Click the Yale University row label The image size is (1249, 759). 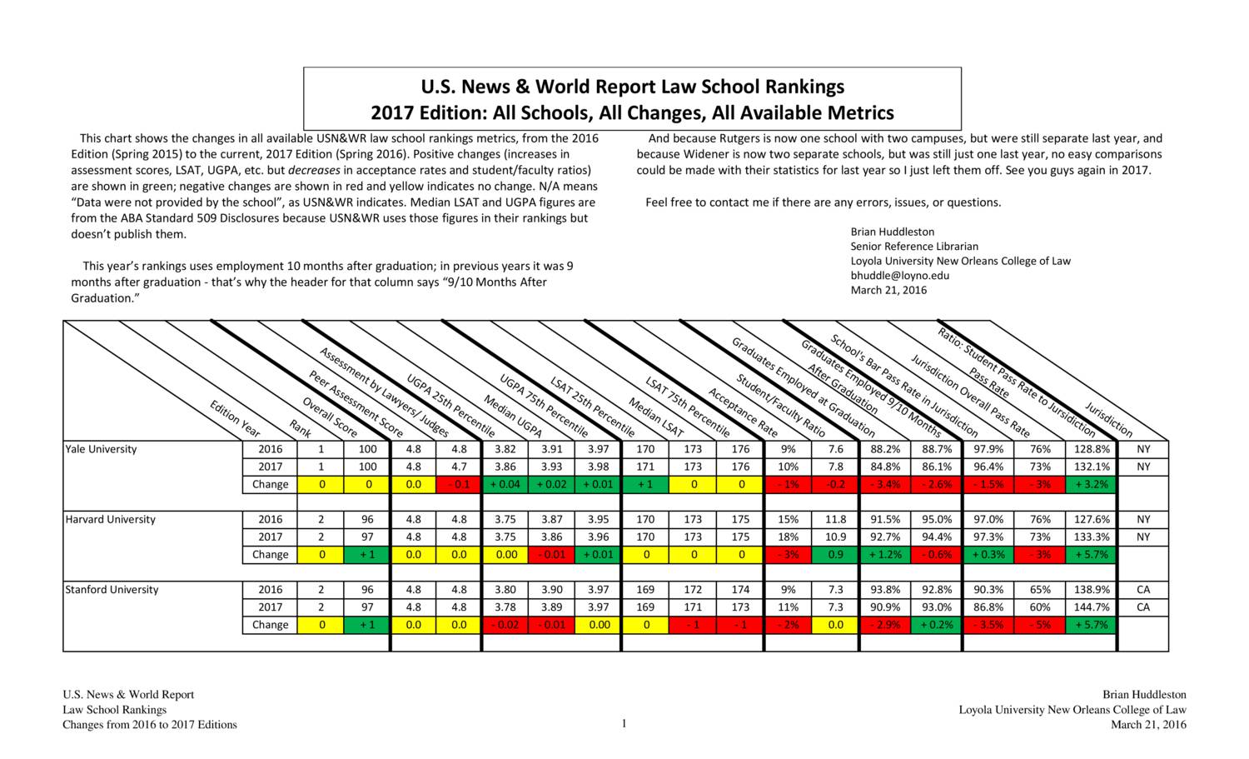point(101,449)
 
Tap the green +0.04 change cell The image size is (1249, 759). point(505,484)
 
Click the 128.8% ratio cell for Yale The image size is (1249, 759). point(1091,449)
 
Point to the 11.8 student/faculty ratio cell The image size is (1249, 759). point(835,520)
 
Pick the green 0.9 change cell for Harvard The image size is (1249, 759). point(835,555)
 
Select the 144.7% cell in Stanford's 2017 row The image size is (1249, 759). point(1091,607)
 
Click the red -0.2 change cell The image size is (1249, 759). point(835,484)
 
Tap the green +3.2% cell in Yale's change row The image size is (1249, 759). point(1091,484)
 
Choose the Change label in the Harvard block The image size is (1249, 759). point(270,555)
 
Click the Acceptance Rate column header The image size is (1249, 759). point(743,412)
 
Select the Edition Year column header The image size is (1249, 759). point(235,419)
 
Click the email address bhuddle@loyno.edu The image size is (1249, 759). point(899,275)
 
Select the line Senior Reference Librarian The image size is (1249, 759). point(913,247)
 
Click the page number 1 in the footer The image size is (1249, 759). point(623,723)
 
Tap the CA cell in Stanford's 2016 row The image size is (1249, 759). point(1142,590)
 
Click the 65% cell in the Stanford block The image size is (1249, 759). point(1039,590)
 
